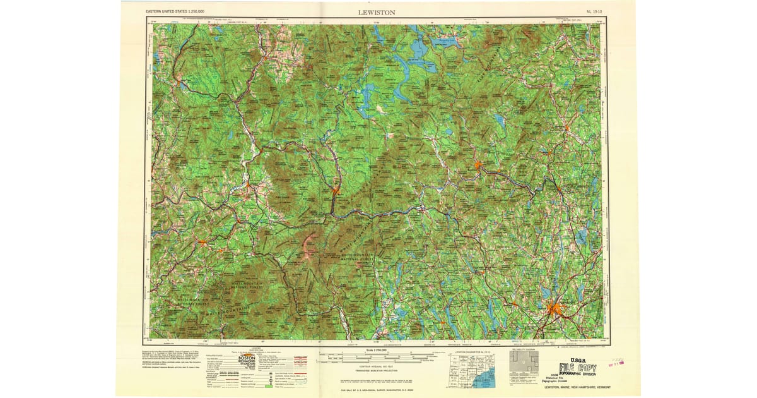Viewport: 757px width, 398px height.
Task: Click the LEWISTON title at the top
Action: coord(378,12)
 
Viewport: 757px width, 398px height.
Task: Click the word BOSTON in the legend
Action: coord(247,358)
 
